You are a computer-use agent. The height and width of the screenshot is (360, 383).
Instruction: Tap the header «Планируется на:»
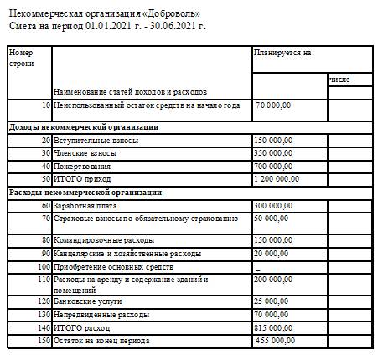(x=283, y=53)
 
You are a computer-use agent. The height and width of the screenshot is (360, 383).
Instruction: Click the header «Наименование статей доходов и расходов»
(x=130, y=90)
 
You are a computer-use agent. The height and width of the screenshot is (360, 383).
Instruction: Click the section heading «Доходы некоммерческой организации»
(x=83, y=127)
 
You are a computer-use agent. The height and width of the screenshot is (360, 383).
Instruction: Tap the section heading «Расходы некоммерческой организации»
(x=84, y=192)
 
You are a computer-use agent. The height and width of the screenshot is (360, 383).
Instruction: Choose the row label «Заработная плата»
(x=85, y=205)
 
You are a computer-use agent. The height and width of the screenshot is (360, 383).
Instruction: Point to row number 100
(x=43, y=266)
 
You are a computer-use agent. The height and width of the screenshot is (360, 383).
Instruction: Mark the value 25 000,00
(x=272, y=300)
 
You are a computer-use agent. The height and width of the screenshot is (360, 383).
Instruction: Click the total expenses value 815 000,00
(x=273, y=327)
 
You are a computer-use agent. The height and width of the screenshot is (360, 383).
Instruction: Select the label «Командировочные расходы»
(x=105, y=239)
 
